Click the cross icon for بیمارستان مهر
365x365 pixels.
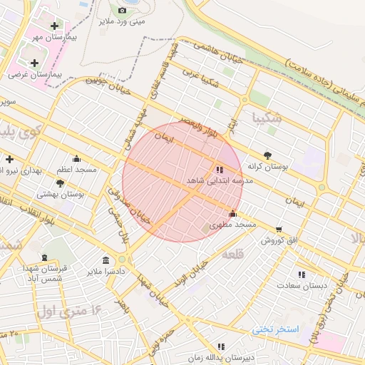click(x=54, y=26)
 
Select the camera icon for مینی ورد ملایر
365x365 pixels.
click(x=122, y=10)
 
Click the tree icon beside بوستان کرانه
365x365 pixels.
click(x=267, y=155)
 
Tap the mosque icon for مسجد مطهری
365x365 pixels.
click(x=232, y=213)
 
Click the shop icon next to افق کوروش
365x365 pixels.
click(x=278, y=230)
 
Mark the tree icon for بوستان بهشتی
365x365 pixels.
click(x=61, y=183)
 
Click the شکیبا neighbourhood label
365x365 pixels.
click(x=267, y=118)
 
